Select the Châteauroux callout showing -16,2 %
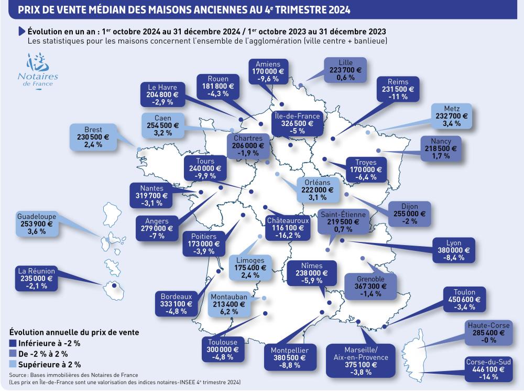point(287,228)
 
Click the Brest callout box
point(93,138)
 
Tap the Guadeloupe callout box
point(36,224)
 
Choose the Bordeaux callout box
point(176,303)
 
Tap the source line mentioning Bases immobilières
point(73,375)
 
